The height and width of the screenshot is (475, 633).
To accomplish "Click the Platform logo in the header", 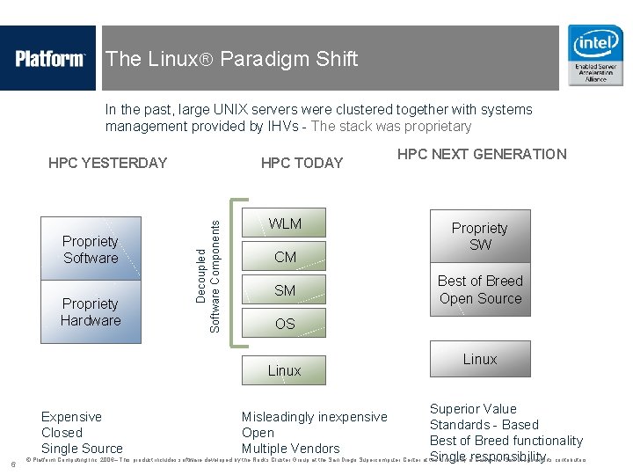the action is pos(49,59).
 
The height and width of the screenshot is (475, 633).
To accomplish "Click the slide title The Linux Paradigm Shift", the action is pos(231,59).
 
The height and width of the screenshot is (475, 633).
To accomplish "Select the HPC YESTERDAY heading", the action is pos(107,163).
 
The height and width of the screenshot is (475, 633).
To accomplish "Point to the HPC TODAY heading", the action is pos(302,163).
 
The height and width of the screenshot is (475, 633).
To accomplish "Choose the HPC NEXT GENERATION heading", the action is pos(482,154).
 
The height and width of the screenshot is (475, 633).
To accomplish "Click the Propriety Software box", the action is pos(91,249).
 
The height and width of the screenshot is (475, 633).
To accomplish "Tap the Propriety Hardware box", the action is pos(91,312).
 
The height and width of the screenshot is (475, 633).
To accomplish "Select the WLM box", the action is pos(285,223).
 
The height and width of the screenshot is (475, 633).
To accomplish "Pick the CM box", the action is pos(285,257).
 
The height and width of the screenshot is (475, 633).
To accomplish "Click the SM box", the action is pos(285,290).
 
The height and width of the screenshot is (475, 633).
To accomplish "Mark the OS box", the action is pos(285,324).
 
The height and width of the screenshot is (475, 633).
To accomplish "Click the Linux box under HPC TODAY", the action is pos(284,370).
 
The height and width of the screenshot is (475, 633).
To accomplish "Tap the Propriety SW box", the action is pos(480,236).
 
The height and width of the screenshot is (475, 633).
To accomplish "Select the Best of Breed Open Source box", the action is pos(480,289).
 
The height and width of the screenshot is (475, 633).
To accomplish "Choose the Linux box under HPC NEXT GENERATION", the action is pos(480,359).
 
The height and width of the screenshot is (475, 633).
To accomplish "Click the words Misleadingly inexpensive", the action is pos(314,417).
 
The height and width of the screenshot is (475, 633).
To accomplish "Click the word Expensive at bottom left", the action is pos(71,417).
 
